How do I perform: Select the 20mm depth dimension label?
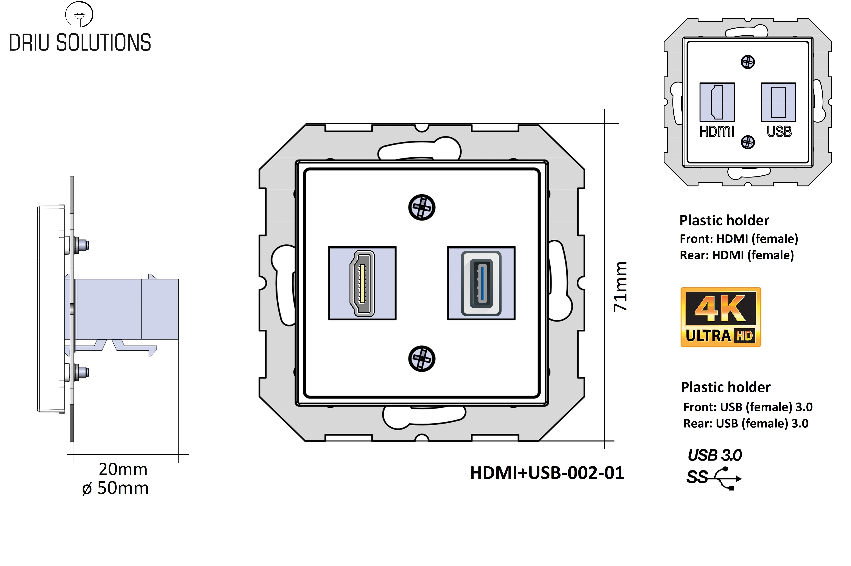(x=123, y=469)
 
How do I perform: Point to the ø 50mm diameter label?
(x=116, y=488)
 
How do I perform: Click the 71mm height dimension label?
(x=620, y=286)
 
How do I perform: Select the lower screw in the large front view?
(x=422, y=358)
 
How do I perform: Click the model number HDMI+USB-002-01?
(x=547, y=473)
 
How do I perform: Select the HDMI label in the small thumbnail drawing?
(x=717, y=132)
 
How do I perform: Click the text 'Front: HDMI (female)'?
(x=739, y=239)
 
